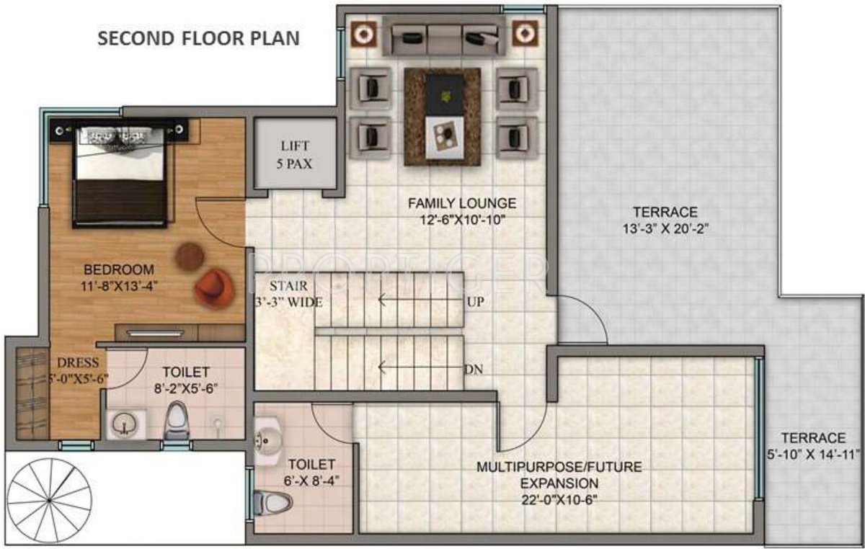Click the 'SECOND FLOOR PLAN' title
(198, 38)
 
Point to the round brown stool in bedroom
(190, 255)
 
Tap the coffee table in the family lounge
(443, 116)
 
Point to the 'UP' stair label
(475, 302)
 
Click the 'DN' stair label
(474, 370)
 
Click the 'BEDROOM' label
(119, 269)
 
